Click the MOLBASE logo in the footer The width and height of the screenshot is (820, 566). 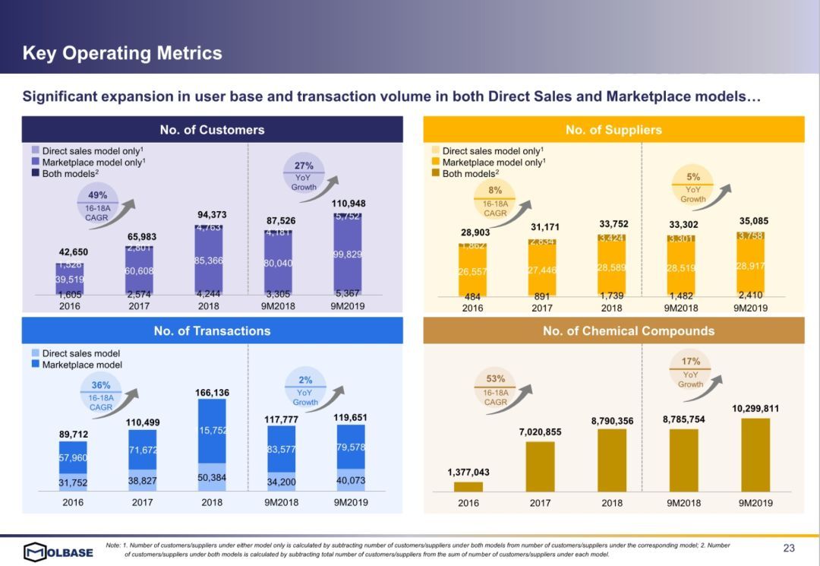[x=58, y=551]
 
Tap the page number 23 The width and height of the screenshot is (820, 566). [x=789, y=549]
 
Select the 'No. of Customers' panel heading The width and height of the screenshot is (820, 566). [x=212, y=129]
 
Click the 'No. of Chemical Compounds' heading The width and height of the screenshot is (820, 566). [x=628, y=330]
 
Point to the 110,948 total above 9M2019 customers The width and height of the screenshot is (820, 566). [x=348, y=204]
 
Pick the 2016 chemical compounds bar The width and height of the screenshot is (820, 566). [x=468, y=486]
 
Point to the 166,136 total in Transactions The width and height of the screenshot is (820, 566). [x=212, y=393]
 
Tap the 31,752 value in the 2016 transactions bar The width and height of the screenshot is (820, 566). [x=73, y=482]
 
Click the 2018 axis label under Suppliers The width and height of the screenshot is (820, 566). [x=611, y=308]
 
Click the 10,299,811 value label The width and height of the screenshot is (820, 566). [x=755, y=409]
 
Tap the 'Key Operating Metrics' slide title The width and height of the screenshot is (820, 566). [x=122, y=53]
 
